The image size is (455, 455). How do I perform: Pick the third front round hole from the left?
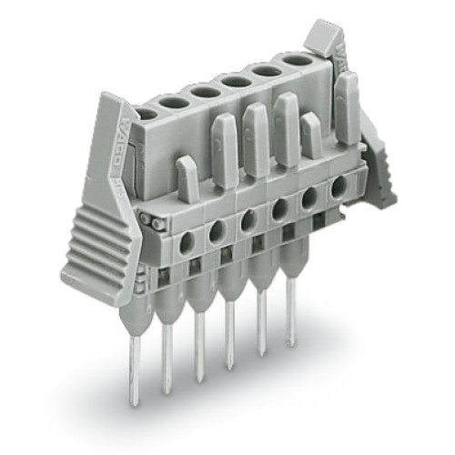pos(248,221)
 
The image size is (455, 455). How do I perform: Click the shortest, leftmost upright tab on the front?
pos(187,178)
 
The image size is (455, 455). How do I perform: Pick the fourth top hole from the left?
pos(236,82)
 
